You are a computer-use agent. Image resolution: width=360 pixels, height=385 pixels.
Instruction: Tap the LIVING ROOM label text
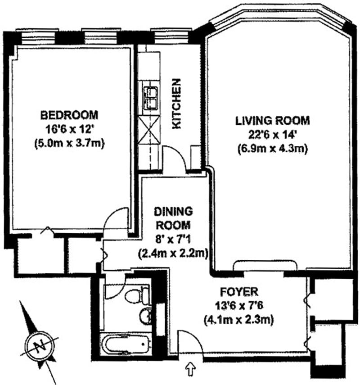(272, 121)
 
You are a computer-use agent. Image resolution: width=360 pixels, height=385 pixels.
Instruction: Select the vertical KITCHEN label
(177, 104)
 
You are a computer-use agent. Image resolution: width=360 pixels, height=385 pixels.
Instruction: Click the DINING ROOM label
(174, 218)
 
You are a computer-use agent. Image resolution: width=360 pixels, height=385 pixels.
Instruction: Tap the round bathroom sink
(145, 316)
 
